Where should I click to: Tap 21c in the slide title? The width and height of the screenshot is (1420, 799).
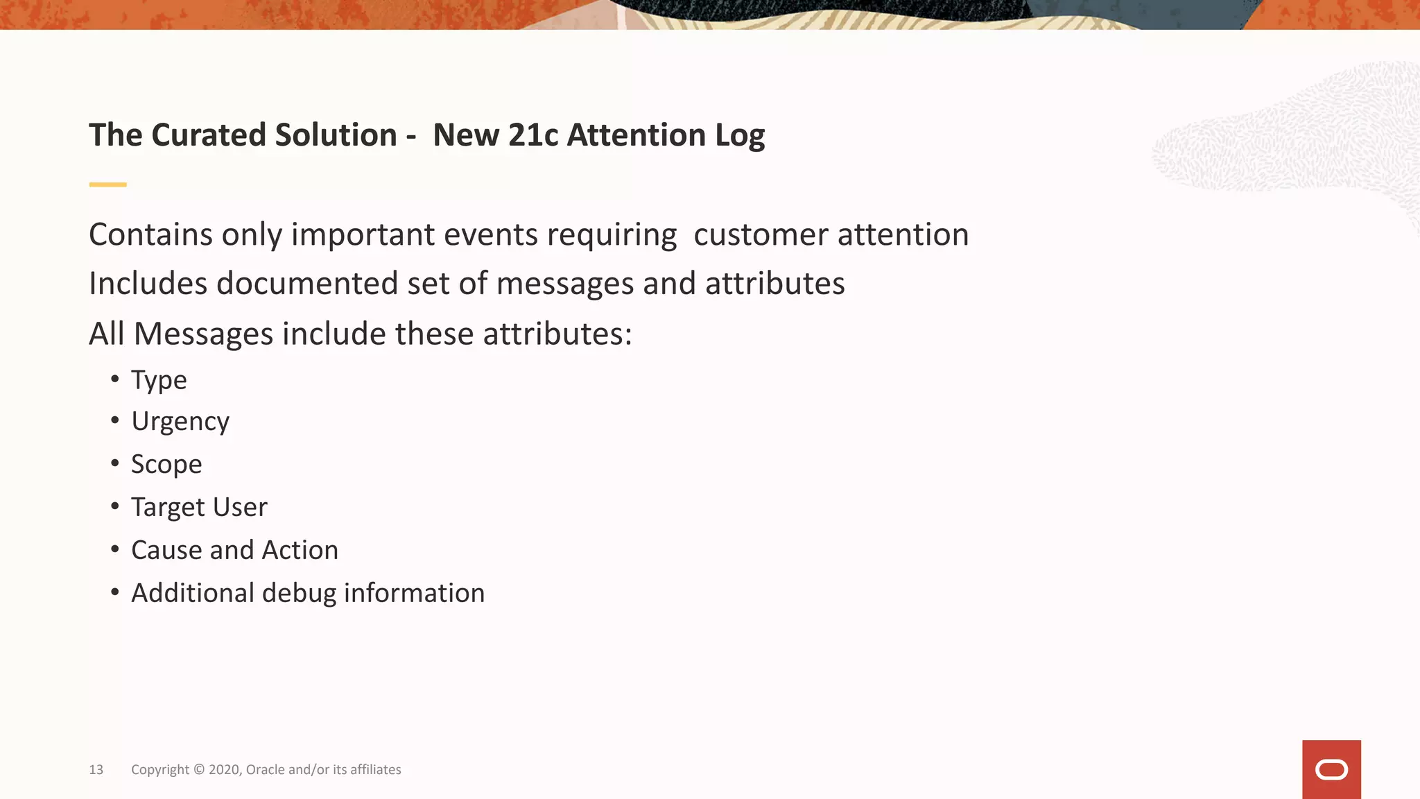click(x=532, y=135)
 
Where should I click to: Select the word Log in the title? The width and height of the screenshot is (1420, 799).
click(x=740, y=136)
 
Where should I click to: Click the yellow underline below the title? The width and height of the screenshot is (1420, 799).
click(x=107, y=184)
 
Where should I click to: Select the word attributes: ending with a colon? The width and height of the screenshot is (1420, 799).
click(x=557, y=334)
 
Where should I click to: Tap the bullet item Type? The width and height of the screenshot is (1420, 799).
click(x=159, y=380)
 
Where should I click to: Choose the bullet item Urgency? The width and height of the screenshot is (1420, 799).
click(x=180, y=422)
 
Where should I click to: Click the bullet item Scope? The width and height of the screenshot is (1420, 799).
click(x=166, y=464)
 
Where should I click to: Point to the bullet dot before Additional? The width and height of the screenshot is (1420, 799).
click(x=115, y=592)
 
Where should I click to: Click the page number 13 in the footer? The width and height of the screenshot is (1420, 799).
click(x=96, y=770)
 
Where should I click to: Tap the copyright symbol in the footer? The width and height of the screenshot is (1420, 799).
click(x=199, y=769)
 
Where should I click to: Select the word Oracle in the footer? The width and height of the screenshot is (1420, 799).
click(x=265, y=770)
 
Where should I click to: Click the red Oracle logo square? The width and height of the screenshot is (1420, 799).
click(x=1331, y=769)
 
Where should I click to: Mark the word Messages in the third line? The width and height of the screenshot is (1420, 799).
click(x=202, y=334)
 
